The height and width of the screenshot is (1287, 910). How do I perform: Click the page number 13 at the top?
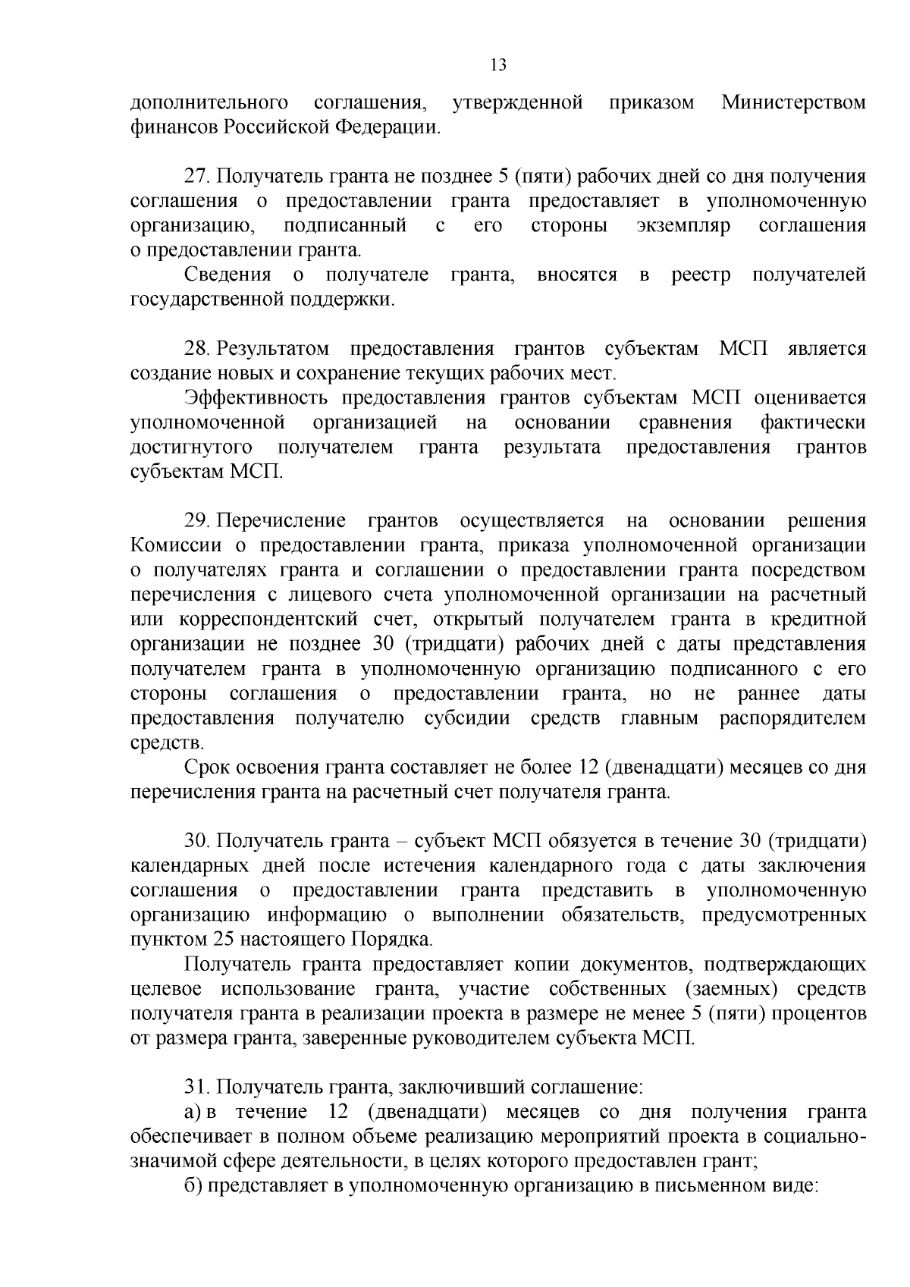498,64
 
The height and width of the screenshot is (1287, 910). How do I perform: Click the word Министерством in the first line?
793,102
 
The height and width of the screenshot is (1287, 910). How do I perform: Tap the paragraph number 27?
197,177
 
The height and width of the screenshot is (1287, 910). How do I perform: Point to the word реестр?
701,275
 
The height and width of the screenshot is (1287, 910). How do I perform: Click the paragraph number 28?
197,349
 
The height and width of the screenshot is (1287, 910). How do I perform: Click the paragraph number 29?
197,521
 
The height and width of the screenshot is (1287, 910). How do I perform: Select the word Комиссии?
176,545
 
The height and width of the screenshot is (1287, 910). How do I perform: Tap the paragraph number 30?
197,841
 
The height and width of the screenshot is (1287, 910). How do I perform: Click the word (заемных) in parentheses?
730,989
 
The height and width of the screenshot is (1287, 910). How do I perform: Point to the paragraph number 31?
197,1088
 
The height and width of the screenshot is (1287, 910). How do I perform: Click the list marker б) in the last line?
193,1186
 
